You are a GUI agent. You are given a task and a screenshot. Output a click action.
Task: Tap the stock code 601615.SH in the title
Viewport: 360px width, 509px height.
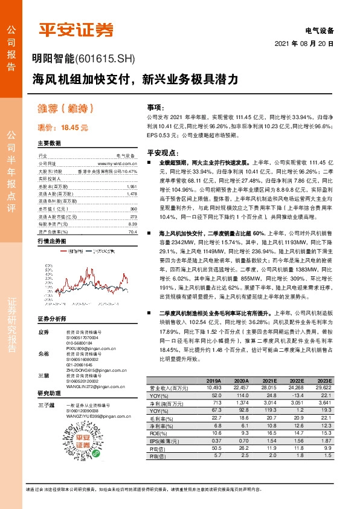click(x=105, y=59)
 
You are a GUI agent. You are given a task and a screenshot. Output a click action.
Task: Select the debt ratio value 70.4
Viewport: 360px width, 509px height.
click(x=132, y=232)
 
